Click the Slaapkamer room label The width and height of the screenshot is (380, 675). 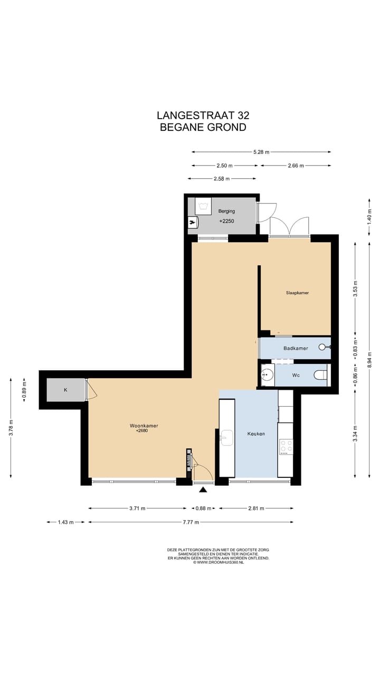click(x=297, y=293)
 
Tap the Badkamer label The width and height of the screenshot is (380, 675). click(x=296, y=349)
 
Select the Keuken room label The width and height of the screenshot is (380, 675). click(x=256, y=433)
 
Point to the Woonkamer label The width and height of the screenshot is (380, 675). click(x=144, y=426)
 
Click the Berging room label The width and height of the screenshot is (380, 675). click(x=226, y=211)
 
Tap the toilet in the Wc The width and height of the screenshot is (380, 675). click(x=320, y=375)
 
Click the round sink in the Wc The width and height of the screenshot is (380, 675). click(x=267, y=374)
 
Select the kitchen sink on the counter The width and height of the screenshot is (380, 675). click(x=226, y=438)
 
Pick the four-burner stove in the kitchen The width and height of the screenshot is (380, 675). click(x=286, y=447)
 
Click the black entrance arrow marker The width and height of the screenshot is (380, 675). click(x=204, y=490)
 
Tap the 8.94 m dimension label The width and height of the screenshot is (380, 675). click(x=369, y=364)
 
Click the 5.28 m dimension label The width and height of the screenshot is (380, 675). click(x=261, y=152)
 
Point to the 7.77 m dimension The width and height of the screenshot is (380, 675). click(x=191, y=522)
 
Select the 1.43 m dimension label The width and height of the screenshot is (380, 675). click(x=66, y=522)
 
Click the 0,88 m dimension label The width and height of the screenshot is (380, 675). click(x=203, y=508)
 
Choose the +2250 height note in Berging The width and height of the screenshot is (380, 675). click(x=226, y=221)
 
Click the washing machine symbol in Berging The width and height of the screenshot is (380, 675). click(x=203, y=206)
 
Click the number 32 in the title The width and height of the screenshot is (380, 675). click(x=243, y=115)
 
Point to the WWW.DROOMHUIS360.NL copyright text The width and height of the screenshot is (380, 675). click(x=218, y=562)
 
